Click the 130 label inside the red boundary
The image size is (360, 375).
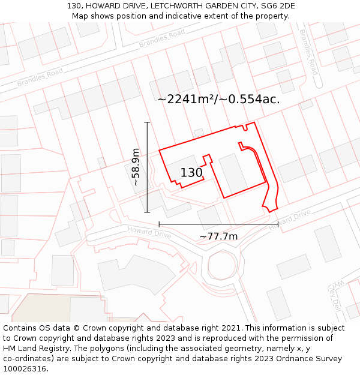tap(191, 173)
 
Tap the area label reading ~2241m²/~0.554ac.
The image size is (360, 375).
tap(218, 99)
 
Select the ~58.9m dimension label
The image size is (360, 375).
tap(136, 167)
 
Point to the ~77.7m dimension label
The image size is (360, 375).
tap(218, 236)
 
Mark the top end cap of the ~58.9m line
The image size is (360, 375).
tap(147, 122)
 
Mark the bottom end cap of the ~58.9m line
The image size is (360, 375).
tap(147, 212)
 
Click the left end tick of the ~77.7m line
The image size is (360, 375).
tap(159, 224)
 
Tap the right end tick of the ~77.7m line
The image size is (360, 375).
tap(277, 224)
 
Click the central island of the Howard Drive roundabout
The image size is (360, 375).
tap(223, 265)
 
